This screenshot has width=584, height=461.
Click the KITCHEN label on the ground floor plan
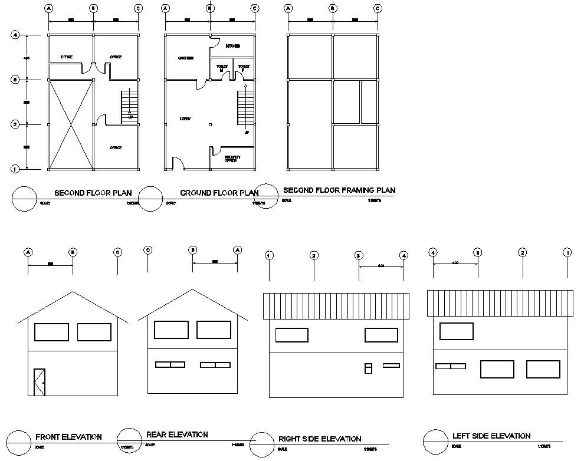click(x=233, y=45)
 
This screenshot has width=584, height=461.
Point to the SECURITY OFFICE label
click(x=231, y=159)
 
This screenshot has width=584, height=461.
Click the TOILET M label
click(x=222, y=68)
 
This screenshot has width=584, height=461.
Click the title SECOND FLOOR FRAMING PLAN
click(x=339, y=190)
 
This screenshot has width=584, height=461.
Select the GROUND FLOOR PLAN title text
click(x=219, y=193)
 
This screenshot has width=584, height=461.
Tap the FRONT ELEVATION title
click(x=68, y=437)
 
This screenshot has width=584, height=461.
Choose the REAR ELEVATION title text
click(x=177, y=434)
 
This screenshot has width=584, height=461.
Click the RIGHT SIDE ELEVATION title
click(x=320, y=439)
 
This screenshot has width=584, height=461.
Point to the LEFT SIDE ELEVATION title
click(x=491, y=436)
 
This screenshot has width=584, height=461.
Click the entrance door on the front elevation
click(x=40, y=382)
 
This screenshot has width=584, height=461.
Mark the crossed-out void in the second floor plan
click(x=71, y=124)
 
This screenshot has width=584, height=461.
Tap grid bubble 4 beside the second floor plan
click(x=16, y=35)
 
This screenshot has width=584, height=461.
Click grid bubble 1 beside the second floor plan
click(x=16, y=169)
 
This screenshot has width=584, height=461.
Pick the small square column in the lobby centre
click(x=211, y=124)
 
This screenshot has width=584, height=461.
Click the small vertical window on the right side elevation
click(x=368, y=368)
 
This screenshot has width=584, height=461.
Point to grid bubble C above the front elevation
click(x=118, y=252)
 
